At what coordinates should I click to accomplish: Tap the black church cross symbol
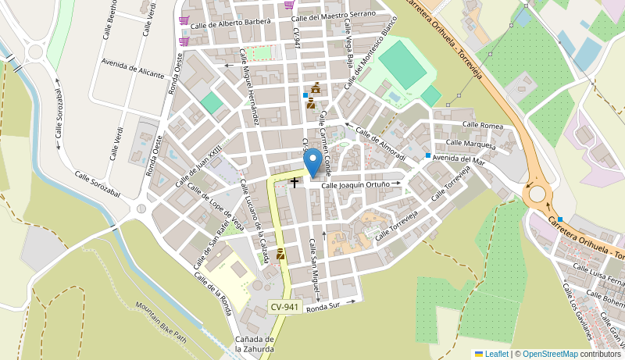[295, 183]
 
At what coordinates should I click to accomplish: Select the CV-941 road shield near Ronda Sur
[285, 307]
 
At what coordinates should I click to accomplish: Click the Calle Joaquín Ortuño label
[355, 185]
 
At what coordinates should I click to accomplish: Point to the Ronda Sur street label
[323, 308]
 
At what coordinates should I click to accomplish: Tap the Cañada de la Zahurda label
[255, 344]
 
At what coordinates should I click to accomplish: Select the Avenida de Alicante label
[133, 68]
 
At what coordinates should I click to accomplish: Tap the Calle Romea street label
[482, 125]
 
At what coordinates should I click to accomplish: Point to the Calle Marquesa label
[470, 144]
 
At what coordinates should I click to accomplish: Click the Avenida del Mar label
[459, 159]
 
